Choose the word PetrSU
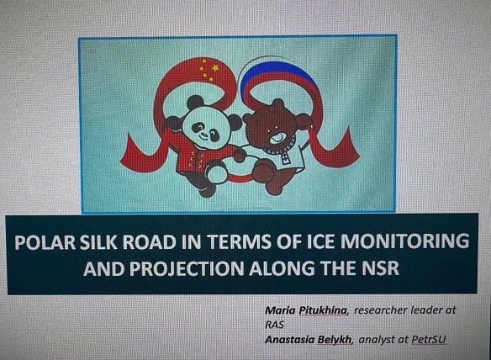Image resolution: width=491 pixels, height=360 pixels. point(429,340)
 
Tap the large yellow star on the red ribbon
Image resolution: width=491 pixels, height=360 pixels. point(215,67)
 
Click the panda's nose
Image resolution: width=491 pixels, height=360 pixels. point(203,133)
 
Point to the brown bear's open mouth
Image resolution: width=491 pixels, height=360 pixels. point(277,136)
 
